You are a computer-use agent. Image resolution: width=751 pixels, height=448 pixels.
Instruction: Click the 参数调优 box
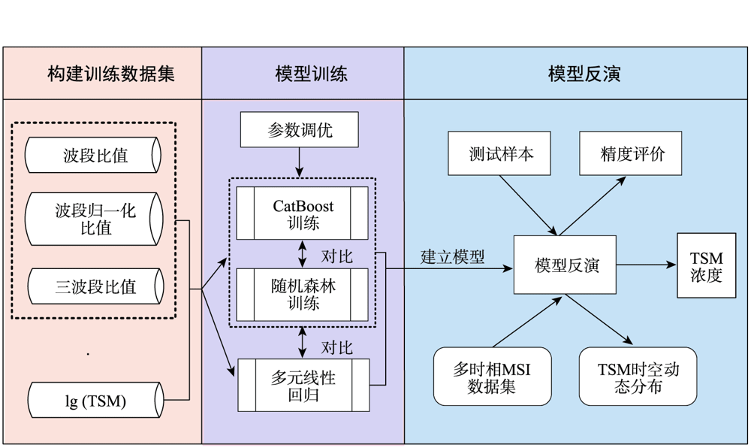tap(299, 130)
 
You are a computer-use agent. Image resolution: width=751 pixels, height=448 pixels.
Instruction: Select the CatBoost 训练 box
tap(302, 213)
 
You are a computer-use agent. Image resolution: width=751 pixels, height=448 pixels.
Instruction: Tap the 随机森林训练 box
tap(302, 295)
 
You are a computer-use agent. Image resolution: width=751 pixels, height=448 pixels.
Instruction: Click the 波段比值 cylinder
tap(93, 156)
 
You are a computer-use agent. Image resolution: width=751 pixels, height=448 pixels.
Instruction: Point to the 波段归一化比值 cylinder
tap(94, 219)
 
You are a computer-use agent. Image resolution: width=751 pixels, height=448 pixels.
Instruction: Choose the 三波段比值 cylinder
tap(95, 286)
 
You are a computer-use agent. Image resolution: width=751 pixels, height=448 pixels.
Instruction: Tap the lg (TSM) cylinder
tap(95, 401)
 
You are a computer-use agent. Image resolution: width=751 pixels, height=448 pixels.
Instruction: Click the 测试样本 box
tap(500, 153)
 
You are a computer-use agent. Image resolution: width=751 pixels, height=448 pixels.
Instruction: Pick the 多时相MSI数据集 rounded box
tap(492, 376)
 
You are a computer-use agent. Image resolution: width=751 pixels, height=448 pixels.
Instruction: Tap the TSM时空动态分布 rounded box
tap(638, 376)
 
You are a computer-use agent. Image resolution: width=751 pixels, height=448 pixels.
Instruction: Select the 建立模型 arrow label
tap(452, 256)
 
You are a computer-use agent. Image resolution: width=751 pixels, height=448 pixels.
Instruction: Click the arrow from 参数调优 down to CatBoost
tap(299, 162)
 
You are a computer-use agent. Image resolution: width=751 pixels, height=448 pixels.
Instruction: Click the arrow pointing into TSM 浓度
tap(647, 265)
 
